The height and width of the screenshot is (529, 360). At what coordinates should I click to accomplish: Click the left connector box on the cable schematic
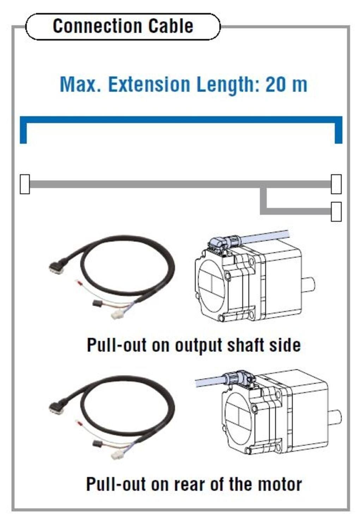point(25,184)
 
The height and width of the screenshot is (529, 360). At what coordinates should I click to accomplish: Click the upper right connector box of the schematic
point(336,184)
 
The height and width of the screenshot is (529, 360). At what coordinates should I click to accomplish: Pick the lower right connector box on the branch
point(336,211)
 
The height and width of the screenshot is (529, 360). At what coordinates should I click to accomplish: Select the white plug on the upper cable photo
point(117,315)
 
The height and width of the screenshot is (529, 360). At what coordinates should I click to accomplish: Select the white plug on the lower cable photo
point(117,455)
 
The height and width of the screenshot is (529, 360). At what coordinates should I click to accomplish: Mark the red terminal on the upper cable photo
point(79,282)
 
